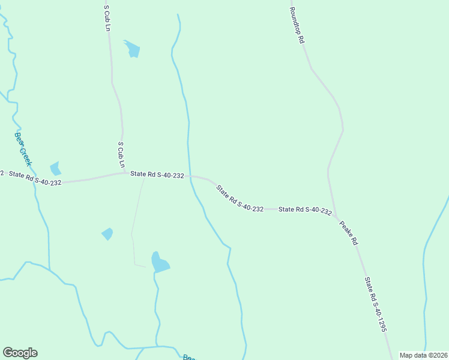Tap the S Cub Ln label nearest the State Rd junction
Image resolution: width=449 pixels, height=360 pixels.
[121, 155]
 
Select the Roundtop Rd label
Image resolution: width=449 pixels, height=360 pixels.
[297, 25]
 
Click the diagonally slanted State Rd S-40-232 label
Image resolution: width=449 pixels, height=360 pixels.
[240, 198]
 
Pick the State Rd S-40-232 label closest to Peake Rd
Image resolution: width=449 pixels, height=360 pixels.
[305, 210]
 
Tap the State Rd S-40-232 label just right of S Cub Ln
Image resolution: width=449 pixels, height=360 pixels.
[157, 175]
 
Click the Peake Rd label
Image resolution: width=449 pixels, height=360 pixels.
[348, 233]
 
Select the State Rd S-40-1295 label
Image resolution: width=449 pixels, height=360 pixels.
[375, 304]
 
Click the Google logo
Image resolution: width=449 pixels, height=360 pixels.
[20, 353]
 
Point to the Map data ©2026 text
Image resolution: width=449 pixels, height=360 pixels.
[423, 355]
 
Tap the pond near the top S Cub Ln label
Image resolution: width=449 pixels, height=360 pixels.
[132, 49]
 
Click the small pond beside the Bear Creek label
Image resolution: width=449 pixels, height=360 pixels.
[56, 169]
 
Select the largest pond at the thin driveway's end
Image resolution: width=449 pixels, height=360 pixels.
[160, 263]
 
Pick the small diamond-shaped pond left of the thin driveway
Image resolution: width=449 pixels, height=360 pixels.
[107, 233]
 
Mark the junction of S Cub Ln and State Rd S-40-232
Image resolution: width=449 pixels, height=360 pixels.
[125, 173]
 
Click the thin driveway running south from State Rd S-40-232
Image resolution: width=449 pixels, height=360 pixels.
[135, 222]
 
